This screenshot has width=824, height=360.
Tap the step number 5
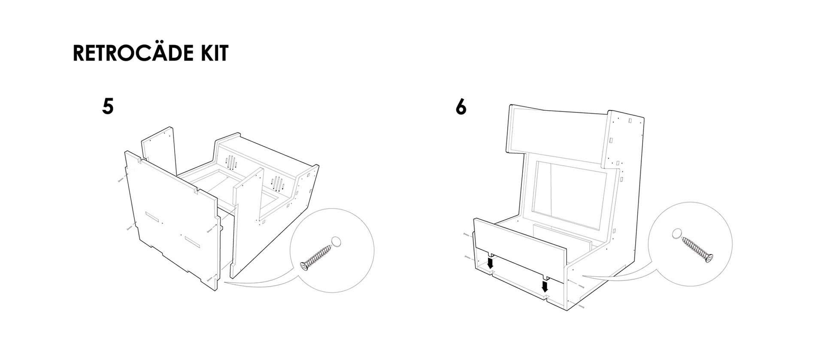[x=108, y=106]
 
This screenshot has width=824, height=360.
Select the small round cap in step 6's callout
[x=676, y=234]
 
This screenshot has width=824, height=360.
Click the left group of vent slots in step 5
[x=232, y=163]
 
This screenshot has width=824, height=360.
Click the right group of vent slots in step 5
[x=278, y=184]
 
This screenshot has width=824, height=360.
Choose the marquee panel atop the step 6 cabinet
[x=558, y=129]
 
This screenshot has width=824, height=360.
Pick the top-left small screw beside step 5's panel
[x=120, y=180]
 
